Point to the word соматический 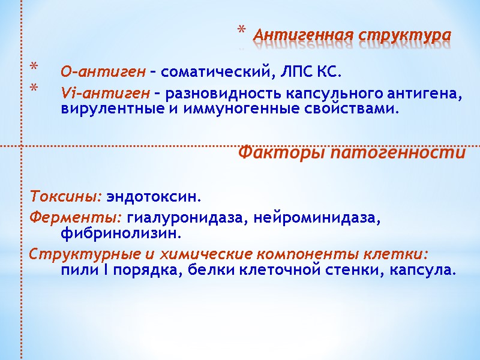coord(218,73)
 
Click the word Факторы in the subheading coord(275,153)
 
